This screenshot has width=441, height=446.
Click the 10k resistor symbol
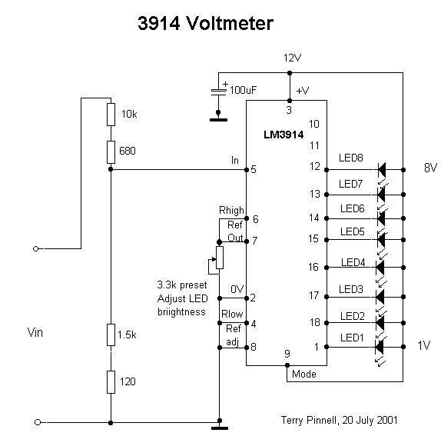[111, 115]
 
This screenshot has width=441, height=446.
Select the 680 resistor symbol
[111, 152]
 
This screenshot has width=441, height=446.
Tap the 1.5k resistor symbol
[111, 334]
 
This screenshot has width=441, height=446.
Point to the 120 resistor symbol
[111, 382]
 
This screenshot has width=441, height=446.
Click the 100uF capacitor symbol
[218, 92]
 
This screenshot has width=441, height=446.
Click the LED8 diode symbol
[382, 170]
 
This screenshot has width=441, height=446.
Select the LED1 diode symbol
[380, 347]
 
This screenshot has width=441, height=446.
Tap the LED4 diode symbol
[380, 268]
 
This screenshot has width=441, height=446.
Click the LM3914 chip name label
[283, 135]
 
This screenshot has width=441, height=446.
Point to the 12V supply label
[292, 58]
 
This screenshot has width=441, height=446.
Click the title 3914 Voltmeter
[205, 23]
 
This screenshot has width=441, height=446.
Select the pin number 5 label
[254, 169]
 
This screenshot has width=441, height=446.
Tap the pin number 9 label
[287, 354]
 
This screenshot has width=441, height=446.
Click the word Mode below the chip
[303, 374]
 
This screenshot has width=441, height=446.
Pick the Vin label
[35, 332]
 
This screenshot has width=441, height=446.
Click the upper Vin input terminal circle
[35, 249]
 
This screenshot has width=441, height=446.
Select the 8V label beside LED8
[430, 168]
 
